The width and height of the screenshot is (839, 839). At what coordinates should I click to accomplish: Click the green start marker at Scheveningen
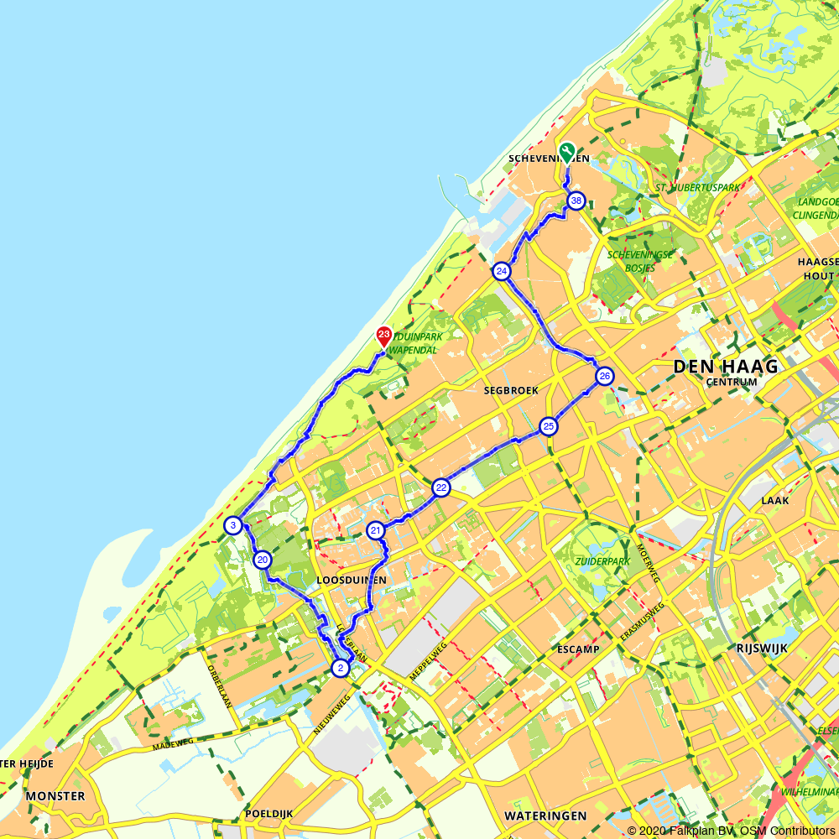(x=567, y=152)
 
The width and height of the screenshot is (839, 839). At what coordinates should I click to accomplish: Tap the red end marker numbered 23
(x=383, y=336)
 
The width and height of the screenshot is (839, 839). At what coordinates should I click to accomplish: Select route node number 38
(x=576, y=201)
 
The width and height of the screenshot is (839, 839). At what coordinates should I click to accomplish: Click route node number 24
(x=502, y=271)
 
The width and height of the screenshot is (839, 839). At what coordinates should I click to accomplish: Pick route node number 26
(x=605, y=377)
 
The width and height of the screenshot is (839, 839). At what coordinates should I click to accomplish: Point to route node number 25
(x=549, y=427)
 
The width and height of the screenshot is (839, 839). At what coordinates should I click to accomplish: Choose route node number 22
(x=441, y=488)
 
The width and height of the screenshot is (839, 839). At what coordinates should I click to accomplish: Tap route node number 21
(x=375, y=530)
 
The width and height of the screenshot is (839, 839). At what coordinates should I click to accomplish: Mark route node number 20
(x=263, y=560)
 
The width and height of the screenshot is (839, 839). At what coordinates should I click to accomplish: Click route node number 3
(x=233, y=526)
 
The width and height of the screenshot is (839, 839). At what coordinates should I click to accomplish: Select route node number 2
(x=340, y=668)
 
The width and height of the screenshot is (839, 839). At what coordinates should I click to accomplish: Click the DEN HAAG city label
(x=725, y=366)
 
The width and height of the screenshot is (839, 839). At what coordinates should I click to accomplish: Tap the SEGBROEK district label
(x=510, y=391)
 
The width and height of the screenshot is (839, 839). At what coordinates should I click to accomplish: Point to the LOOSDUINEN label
(x=352, y=581)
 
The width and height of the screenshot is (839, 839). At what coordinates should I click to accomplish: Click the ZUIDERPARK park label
(x=601, y=560)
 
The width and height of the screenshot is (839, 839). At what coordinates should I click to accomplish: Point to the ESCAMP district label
(x=577, y=649)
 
